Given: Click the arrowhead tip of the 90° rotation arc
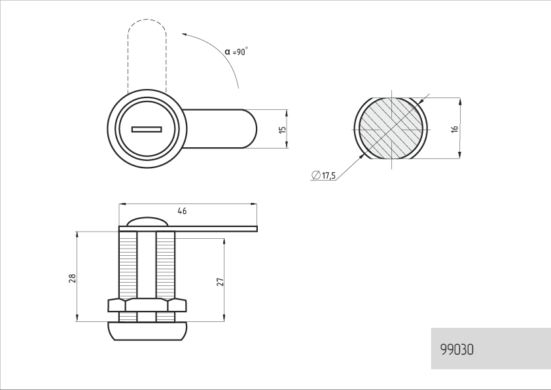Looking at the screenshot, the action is (182, 34).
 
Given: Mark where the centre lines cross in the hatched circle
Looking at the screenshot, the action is (392, 130).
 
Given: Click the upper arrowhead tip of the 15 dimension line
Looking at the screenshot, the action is (287, 110).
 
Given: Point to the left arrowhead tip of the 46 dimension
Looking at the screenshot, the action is (119, 204).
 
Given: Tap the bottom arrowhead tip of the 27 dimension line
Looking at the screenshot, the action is (224, 321).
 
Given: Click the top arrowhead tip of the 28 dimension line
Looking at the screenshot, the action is (77, 232).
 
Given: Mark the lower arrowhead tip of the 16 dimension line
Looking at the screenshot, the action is (460, 158).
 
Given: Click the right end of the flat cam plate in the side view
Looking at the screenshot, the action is (257, 229).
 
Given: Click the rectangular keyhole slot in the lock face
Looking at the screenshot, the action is (147, 130).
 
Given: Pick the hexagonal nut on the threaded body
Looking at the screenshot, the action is (147, 306).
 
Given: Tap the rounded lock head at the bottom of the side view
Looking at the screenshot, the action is (147, 331).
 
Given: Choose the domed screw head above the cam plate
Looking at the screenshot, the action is (147, 222).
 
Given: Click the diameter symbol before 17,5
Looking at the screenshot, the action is (316, 175).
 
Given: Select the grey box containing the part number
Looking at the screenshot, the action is (491, 349).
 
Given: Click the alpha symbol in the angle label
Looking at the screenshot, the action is (228, 52).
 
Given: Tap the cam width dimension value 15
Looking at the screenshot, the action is (282, 130).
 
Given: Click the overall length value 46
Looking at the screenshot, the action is (182, 211).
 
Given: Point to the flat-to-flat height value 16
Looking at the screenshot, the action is (455, 129).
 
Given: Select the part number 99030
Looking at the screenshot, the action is (457, 349).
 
